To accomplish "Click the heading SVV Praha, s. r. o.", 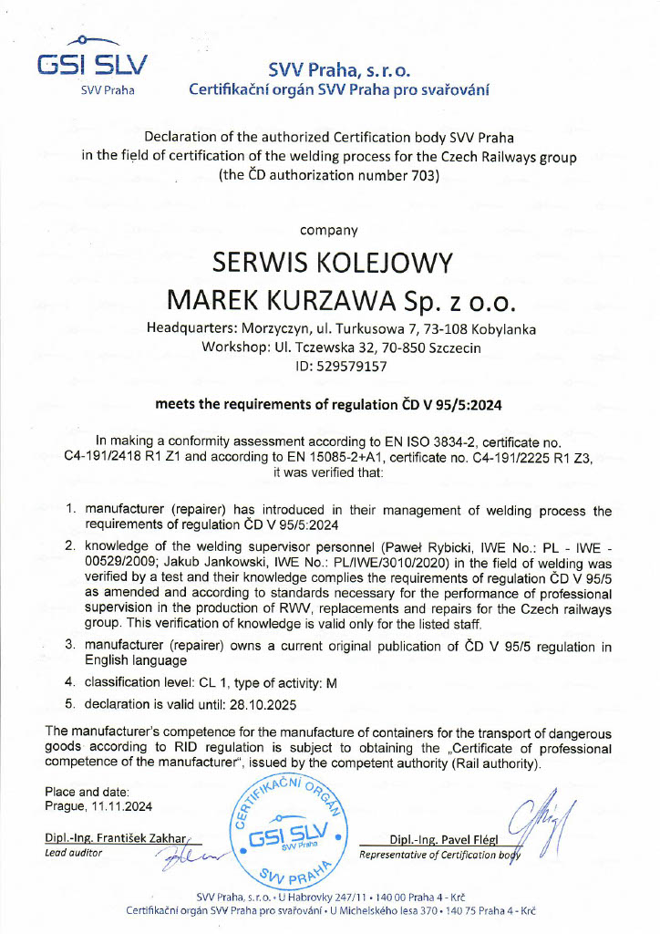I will click(340, 70).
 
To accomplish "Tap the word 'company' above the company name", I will click(329, 231).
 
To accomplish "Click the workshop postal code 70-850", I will click(386, 348).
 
